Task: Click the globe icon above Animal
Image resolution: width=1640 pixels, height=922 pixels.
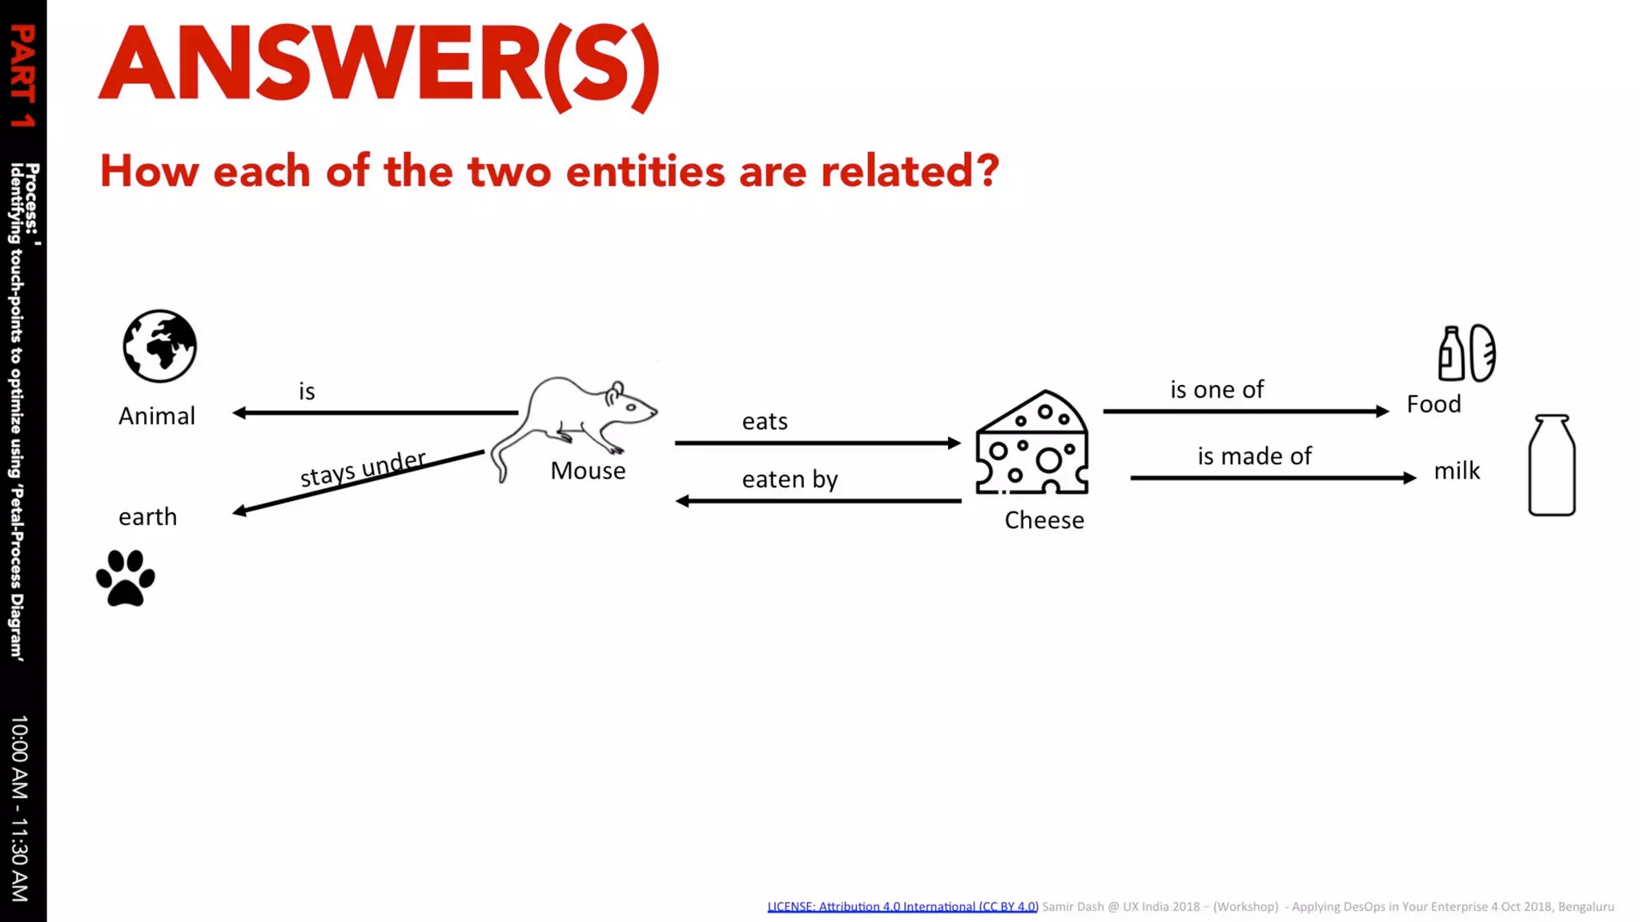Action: click(159, 346)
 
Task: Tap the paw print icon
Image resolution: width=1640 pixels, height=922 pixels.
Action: click(126, 578)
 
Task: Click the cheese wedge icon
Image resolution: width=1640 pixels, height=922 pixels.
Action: click(1031, 443)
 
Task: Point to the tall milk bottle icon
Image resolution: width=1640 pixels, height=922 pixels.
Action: click(1551, 465)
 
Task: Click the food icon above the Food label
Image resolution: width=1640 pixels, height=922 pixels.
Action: click(1466, 353)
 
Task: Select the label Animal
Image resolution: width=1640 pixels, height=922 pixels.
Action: click(157, 416)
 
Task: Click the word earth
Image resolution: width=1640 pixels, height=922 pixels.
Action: click(147, 517)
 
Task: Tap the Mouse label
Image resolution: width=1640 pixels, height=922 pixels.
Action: click(588, 471)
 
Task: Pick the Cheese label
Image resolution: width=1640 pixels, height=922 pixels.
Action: click(1044, 520)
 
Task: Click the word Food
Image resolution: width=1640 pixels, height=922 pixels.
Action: click(1433, 404)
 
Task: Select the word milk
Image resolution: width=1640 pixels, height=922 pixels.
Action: click(1457, 471)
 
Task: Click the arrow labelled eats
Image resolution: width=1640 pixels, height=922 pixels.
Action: click(817, 443)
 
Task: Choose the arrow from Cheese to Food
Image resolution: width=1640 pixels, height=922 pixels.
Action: click(1245, 411)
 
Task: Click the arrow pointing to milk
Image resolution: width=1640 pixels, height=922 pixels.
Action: click(1273, 478)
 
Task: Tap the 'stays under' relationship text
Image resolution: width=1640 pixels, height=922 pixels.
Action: click(363, 468)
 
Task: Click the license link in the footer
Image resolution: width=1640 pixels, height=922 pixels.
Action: click(902, 907)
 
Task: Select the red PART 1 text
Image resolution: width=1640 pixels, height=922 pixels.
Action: click(22, 76)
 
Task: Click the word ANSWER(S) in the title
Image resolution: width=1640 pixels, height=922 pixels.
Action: click(379, 66)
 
